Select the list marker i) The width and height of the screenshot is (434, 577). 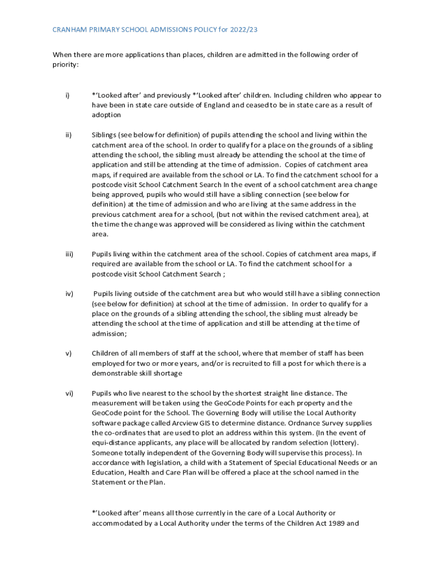tap(67, 95)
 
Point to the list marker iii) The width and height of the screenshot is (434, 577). tap(69, 254)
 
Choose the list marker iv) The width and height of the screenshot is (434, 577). tap(68, 294)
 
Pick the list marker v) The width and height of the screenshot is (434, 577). tap(68, 353)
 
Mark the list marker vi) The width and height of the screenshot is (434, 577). tap(68, 393)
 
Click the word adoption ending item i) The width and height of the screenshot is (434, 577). tap(107, 115)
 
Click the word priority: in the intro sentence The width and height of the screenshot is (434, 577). tap(66, 65)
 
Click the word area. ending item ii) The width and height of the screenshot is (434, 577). tap(100, 234)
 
